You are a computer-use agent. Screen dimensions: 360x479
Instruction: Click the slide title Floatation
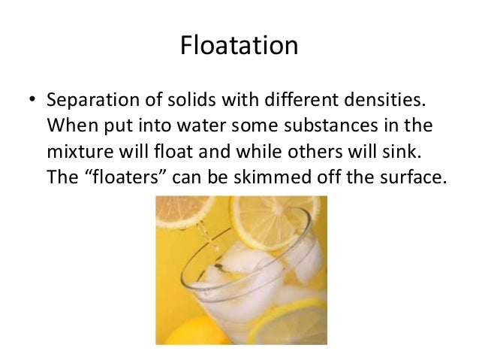coord(239,47)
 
